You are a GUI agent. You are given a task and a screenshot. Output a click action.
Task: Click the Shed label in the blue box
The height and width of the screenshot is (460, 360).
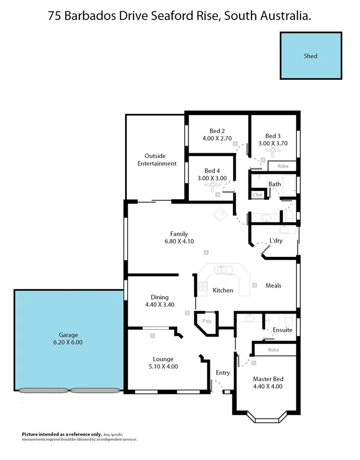pos(311,56)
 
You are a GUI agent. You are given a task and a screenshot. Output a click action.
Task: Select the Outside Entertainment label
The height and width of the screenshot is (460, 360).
pos(157,160)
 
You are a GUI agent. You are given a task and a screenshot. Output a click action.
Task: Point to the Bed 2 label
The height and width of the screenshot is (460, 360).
pos(217,131)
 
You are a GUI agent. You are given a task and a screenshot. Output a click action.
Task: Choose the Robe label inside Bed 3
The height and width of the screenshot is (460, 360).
pos(283,166)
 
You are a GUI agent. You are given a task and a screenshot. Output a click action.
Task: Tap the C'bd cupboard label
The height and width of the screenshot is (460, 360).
pos(257,195)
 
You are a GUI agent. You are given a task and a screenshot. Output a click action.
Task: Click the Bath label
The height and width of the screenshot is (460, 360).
pos(274,184)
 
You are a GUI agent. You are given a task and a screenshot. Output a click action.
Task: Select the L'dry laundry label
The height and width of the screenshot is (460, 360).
pos(276,240)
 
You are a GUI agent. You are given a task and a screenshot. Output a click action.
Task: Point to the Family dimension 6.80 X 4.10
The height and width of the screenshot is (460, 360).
pos(179,241)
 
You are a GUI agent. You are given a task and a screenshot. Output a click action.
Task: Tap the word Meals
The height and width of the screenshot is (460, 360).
pos(273,285)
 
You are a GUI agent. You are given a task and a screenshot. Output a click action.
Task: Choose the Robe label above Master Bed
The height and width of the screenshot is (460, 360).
pos(273,350)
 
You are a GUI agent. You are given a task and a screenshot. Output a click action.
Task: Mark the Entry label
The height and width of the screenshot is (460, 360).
pos(223,373)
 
